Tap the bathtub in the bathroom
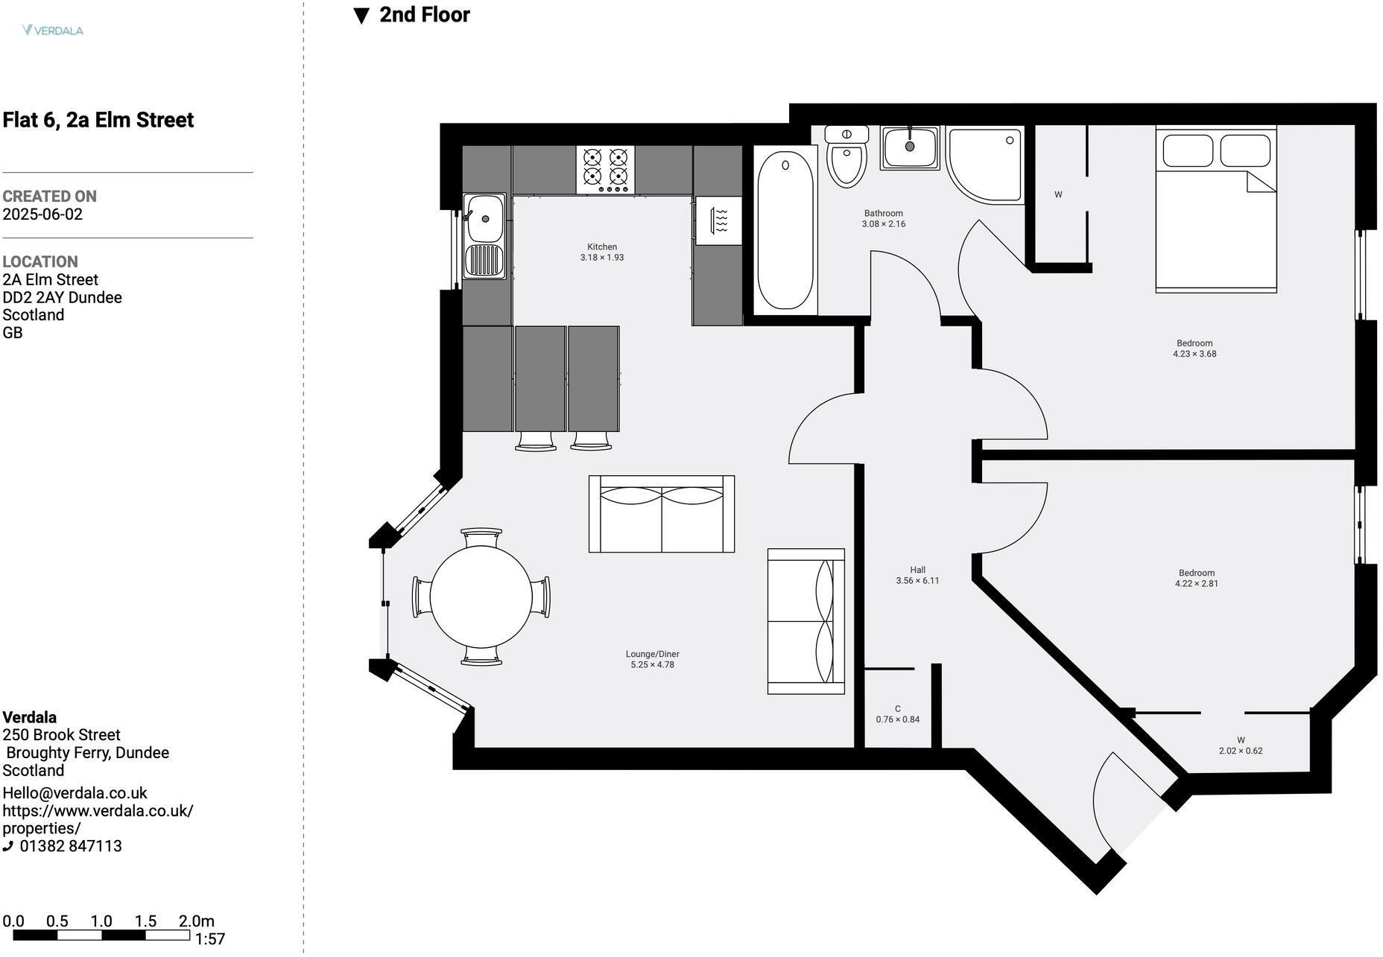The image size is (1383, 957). click(785, 230)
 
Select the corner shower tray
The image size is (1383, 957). click(982, 164)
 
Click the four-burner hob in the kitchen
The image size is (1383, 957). click(605, 169)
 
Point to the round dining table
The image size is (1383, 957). click(481, 597)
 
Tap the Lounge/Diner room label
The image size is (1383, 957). click(652, 659)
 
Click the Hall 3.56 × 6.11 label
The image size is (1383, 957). click(917, 575)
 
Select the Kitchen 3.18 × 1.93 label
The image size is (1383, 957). click(602, 252)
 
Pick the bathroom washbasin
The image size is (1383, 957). click(910, 147)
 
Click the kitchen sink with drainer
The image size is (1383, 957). click(484, 236)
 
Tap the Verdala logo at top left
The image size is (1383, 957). click(53, 31)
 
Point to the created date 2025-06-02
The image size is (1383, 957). click(42, 214)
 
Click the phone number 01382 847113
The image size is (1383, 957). click(71, 846)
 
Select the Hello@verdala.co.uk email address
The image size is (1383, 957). click(75, 792)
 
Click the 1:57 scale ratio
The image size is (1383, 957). click(210, 939)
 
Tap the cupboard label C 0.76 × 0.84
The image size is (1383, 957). click(897, 714)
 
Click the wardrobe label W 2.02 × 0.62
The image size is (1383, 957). click(1240, 745)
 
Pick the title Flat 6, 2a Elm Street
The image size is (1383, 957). click(98, 120)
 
